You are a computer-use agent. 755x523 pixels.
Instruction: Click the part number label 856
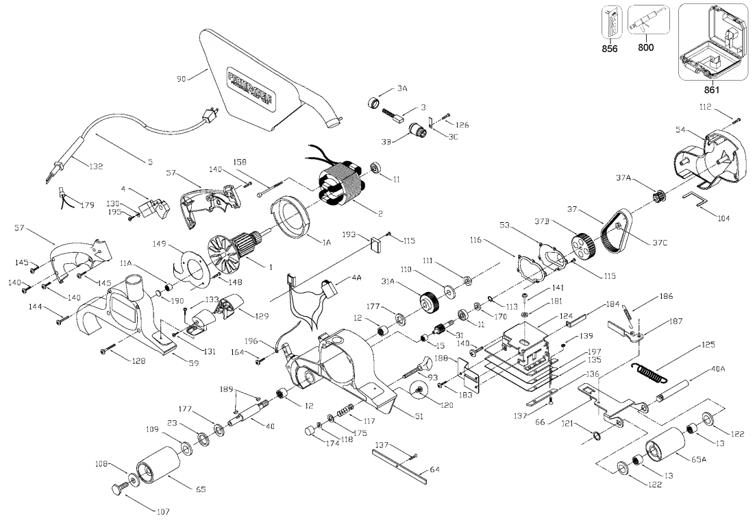(x=609, y=48)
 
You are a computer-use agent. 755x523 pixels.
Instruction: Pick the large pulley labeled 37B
(x=582, y=246)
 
